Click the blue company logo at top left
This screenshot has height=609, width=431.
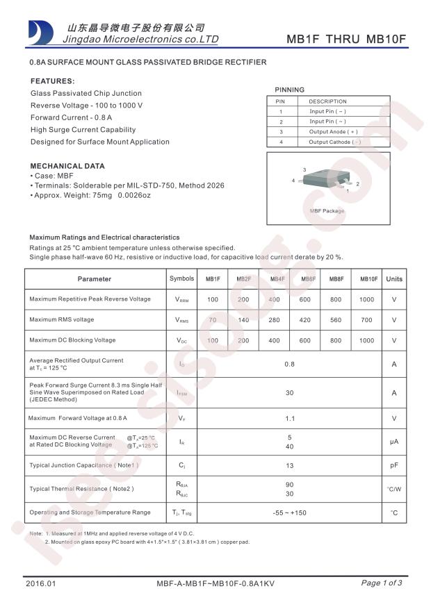coord(40,32)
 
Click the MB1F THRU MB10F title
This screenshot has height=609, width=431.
coord(346,39)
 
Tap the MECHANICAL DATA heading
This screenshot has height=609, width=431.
coord(67,166)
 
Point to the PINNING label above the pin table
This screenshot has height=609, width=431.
coord(289,90)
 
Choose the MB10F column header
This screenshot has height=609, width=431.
coord(369,279)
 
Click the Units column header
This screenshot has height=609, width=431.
coord(394,279)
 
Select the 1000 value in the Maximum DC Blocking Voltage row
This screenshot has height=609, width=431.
coord(367,341)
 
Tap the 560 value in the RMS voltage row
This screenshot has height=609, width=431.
coord(336,320)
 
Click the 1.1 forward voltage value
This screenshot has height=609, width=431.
coord(290,419)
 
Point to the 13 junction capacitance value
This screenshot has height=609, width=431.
coord(290,466)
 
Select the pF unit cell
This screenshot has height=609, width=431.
coord(394,466)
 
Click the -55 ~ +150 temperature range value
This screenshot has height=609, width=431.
coord(290,512)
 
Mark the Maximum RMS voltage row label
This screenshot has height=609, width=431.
coord(61,320)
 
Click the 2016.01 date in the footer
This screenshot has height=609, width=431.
coord(40,583)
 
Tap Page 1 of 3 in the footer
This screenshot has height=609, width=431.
coord(381,583)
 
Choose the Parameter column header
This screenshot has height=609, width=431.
coord(95,279)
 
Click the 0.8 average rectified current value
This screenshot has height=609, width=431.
coord(290,364)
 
